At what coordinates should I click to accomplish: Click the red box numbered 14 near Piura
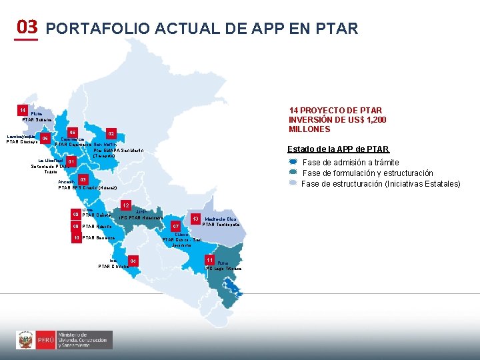(23, 109)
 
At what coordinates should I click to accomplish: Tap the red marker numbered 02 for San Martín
(111, 134)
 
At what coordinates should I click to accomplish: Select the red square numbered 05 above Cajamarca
(73, 132)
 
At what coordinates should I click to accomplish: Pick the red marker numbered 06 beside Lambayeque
(45, 139)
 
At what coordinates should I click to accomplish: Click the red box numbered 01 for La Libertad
(71, 162)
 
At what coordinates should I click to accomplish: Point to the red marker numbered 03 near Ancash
(83, 179)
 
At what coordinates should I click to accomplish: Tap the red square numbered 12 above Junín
(125, 205)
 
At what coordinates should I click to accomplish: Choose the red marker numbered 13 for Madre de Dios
(197, 219)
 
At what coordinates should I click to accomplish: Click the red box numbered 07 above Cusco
(176, 227)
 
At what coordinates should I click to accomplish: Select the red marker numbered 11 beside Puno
(209, 259)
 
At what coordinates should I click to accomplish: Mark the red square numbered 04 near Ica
(133, 260)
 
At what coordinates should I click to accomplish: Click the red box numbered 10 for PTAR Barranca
(77, 238)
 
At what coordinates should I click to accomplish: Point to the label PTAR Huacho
(96, 227)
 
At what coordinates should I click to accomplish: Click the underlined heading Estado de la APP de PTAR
(338, 149)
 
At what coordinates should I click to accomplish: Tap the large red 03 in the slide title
(27, 27)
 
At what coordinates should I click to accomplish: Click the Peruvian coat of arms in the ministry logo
(26, 340)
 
